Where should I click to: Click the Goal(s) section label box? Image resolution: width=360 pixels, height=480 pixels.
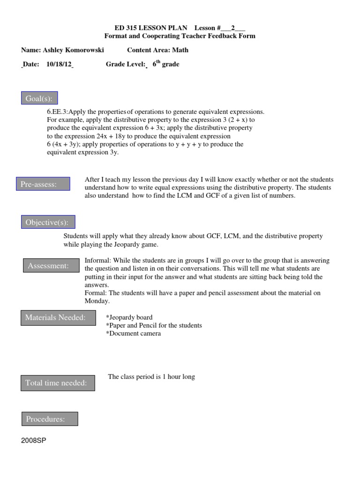(x=39, y=98)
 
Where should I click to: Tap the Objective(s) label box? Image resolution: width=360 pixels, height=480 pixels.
(x=48, y=222)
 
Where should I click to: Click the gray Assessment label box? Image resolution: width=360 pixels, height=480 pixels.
(x=49, y=266)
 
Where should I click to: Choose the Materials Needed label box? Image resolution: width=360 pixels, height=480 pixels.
(x=56, y=318)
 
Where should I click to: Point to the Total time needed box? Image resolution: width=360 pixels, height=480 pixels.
(x=57, y=383)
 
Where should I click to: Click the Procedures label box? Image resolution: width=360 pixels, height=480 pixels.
(x=50, y=419)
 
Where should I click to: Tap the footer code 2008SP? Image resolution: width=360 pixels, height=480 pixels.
(x=34, y=441)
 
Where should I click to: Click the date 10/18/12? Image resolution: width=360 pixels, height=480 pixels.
(x=59, y=65)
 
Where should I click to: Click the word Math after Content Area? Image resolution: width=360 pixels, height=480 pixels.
(x=180, y=50)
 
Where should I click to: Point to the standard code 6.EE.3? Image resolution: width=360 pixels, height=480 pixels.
(x=57, y=112)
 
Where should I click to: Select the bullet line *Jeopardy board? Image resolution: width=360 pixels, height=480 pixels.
(x=129, y=317)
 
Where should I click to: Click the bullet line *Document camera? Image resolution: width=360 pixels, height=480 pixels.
(x=134, y=333)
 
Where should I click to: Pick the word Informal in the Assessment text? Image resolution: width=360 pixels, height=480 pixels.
(x=97, y=261)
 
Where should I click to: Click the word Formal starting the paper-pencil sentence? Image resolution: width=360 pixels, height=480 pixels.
(x=96, y=293)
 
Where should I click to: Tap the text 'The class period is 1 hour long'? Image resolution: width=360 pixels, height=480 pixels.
(x=151, y=376)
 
